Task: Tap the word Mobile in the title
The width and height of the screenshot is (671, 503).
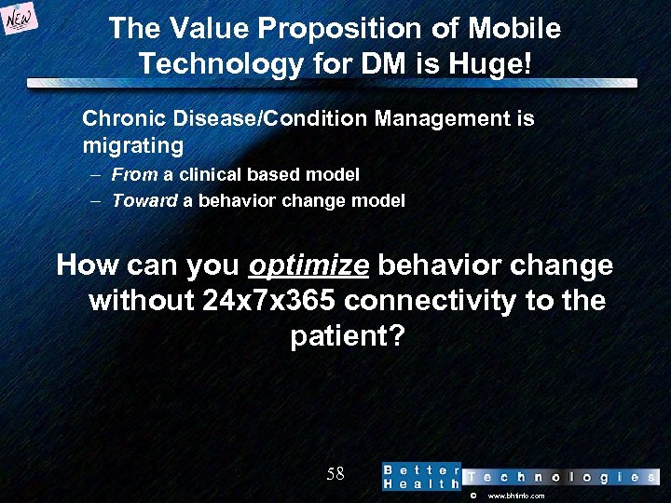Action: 514,29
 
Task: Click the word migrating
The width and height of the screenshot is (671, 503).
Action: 133,146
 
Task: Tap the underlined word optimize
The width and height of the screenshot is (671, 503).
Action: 309,266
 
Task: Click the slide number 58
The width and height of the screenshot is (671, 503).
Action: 335,474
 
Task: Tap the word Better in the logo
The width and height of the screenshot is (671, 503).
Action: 421,469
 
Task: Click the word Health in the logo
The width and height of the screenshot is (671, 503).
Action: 421,484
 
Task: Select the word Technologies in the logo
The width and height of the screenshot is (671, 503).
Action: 560,477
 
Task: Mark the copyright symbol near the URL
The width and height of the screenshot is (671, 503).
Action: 472,496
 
